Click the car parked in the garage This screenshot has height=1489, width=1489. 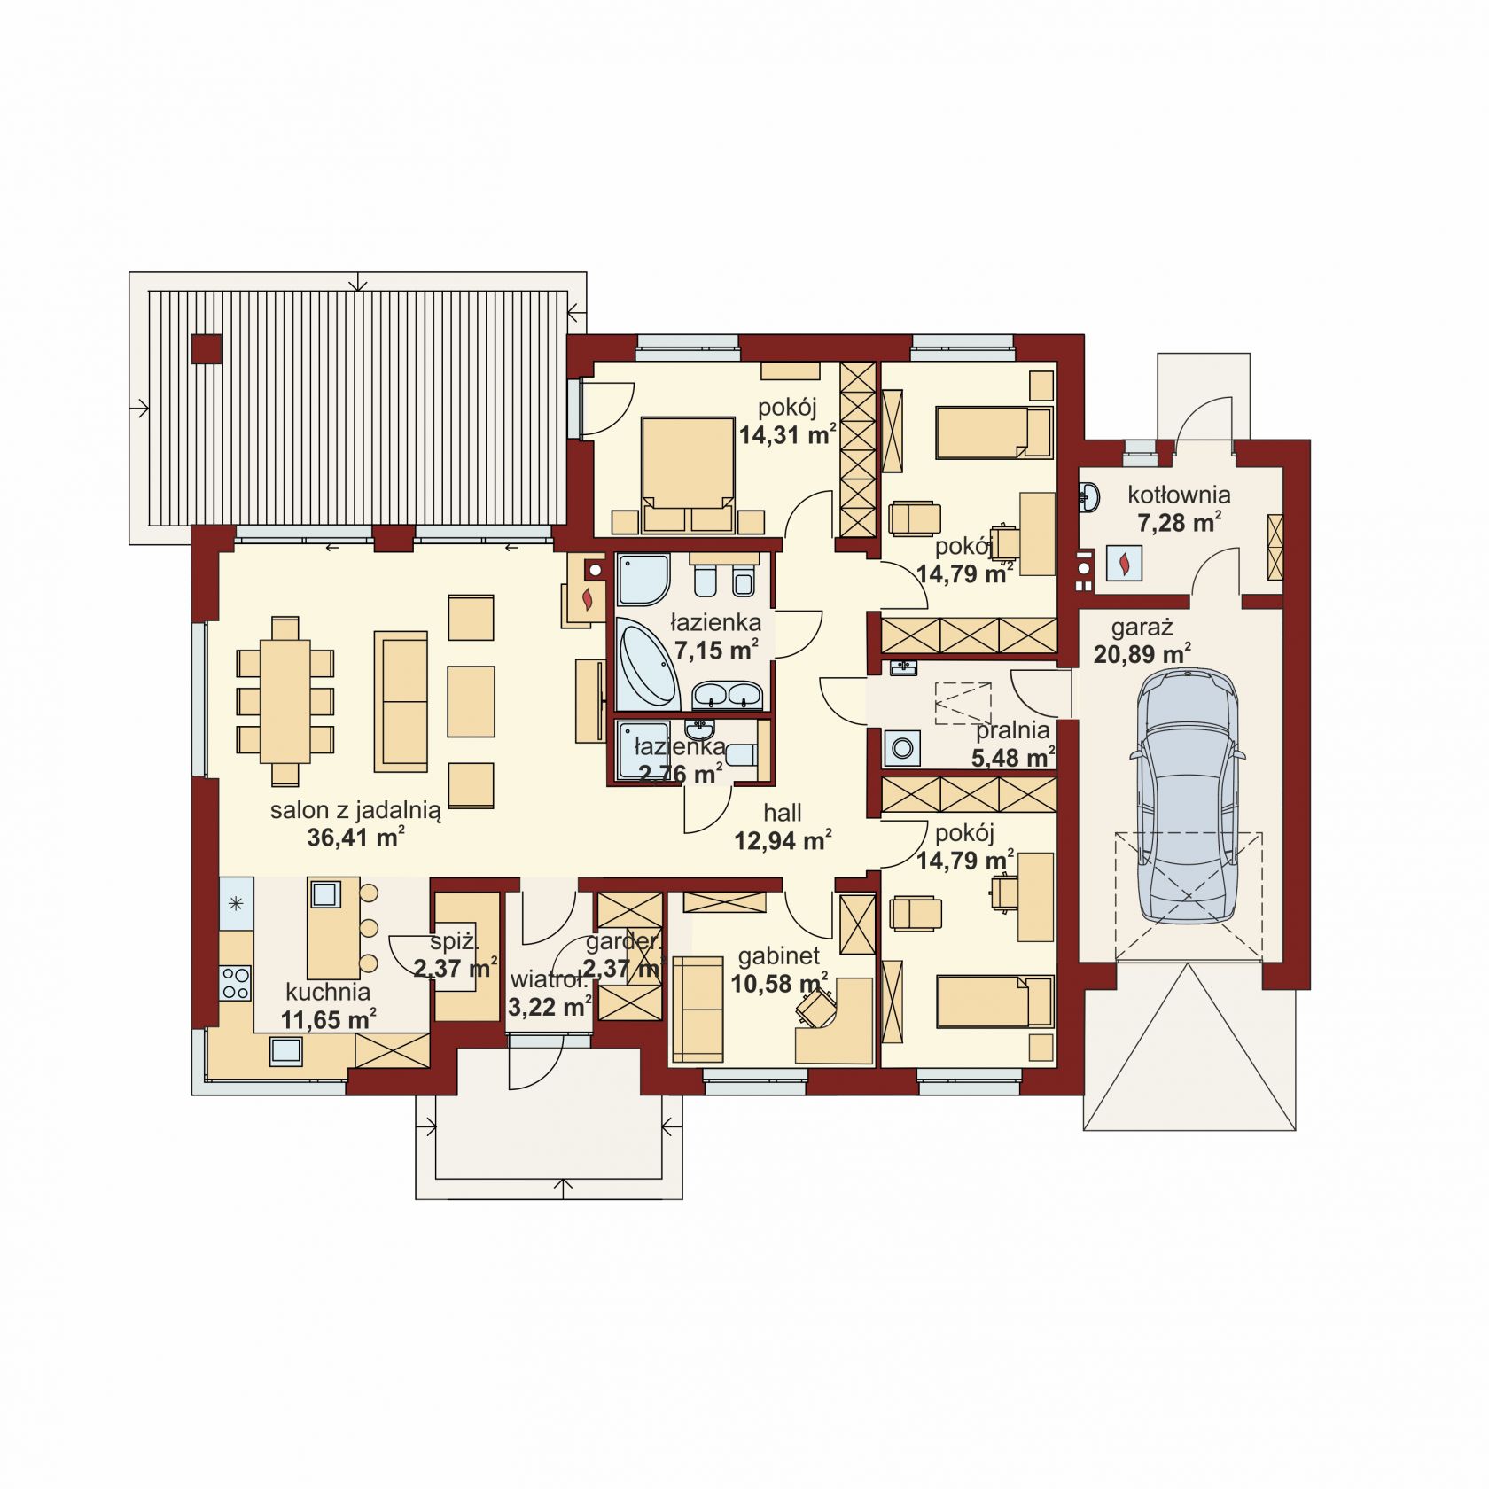pos(1187,795)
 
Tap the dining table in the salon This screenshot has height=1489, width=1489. pos(285,701)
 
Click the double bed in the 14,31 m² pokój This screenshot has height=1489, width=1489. pos(690,473)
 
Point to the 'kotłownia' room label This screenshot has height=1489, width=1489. pos(1179,495)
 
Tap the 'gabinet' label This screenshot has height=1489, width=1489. pos(779,956)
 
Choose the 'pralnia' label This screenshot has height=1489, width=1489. pos(1013,731)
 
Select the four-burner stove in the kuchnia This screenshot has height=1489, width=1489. pos(236,982)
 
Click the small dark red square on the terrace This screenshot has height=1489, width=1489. pos(207,348)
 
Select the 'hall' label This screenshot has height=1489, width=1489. pos(783,812)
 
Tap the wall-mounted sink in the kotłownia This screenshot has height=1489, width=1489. pos(1090,497)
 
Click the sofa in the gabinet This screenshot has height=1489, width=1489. pos(699,1010)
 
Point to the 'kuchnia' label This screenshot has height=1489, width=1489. pos(328,992)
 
